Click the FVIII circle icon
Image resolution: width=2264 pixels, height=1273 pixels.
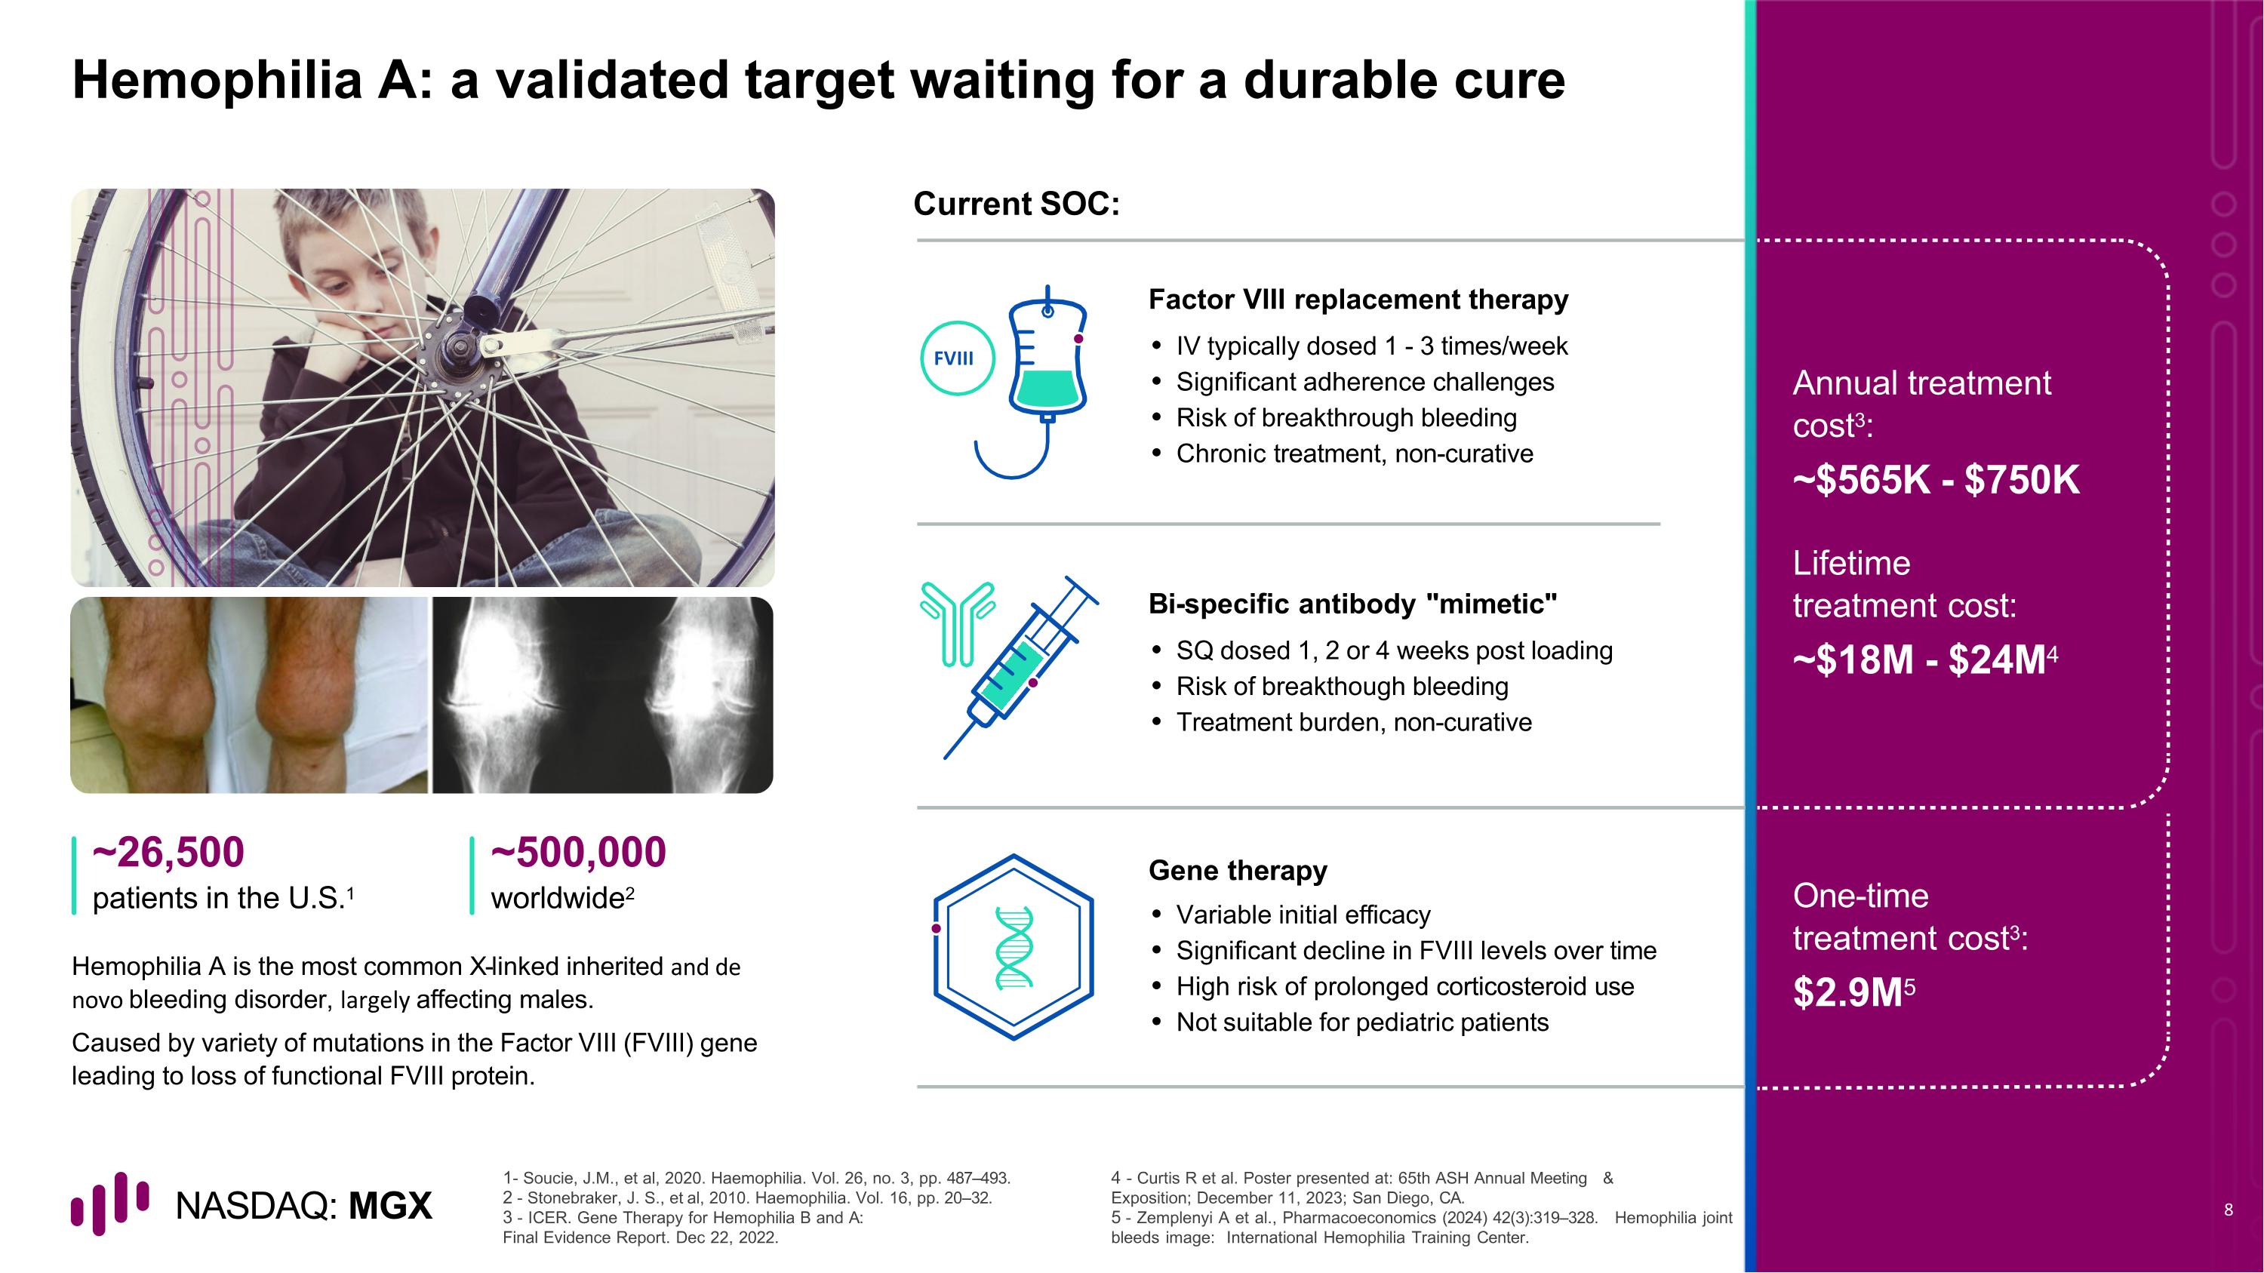[956, 358]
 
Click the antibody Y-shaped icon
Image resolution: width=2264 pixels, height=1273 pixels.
[956, 622]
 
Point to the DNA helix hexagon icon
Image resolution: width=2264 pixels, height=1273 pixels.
[1014, 947]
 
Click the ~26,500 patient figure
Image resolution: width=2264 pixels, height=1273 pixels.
[168, 852]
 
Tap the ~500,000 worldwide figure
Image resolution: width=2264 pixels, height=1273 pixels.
[578, 852]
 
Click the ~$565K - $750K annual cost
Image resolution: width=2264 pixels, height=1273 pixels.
[1935, 481]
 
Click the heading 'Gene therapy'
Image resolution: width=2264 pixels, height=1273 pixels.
[1238, 871]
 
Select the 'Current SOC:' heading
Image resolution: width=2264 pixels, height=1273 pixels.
[1016, 204]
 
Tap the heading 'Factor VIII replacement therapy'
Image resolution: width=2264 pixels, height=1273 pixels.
[1358, 300]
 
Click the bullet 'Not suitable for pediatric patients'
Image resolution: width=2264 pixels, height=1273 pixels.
[1361, 1022]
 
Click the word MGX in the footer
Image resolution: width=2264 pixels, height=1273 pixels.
[390, 1207]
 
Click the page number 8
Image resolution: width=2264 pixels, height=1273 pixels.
[2228, 1210]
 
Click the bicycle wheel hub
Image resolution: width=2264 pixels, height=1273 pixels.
[459, 352]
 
